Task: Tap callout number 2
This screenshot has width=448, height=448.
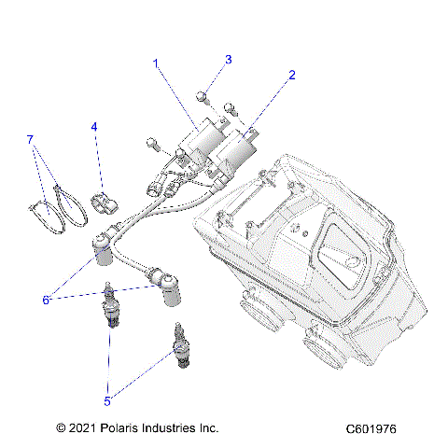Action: (x=291, y=74)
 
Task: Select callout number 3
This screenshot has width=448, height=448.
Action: (x=227, y=60)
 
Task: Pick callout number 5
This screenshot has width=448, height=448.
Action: (x=107, y=401)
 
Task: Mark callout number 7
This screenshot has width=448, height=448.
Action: (x=31, y=139)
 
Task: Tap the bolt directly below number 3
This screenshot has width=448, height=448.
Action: (x=203, y=95)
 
